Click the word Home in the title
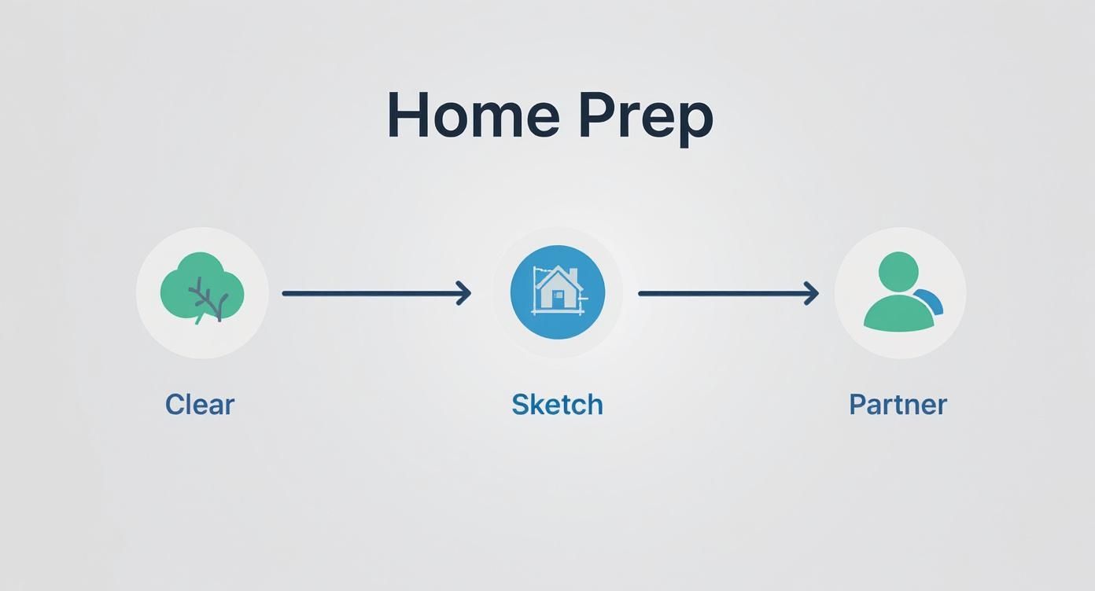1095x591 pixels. (x=474, y=115)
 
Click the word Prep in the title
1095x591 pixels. (x=647, y=119)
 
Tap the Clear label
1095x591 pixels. (x=200, y=405)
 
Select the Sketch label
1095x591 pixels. (x=557, y=405)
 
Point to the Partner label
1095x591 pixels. (x=898, y=405)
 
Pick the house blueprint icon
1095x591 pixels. (x=558, y=292)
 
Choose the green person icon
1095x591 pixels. (x=902, y=292)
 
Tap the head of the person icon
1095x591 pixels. (x=898, y=272)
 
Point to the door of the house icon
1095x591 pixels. (x=557, y=299)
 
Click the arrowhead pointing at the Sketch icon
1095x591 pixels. (x=464, y=293)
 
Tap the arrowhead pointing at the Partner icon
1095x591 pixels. (x=812, y=293)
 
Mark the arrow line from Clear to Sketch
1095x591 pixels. (x=377, y=293)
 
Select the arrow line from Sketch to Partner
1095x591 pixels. (x=729, y=293)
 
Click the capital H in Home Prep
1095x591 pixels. (x=407, y=115)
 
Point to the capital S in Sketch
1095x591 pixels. (x=520, y=405)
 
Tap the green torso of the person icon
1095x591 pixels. (x=898, y=314)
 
